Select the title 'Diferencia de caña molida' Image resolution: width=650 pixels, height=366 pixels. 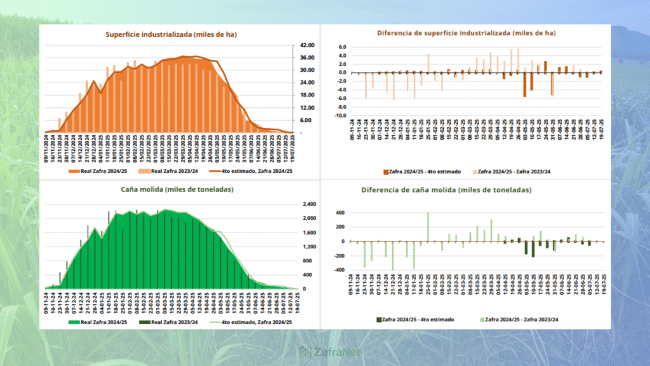click(446, 190)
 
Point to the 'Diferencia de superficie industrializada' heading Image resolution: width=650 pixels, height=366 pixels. click(466, 32)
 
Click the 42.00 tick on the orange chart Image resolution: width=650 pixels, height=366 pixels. click(307, 45)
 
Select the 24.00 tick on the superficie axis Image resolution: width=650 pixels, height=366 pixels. click(307, 83)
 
